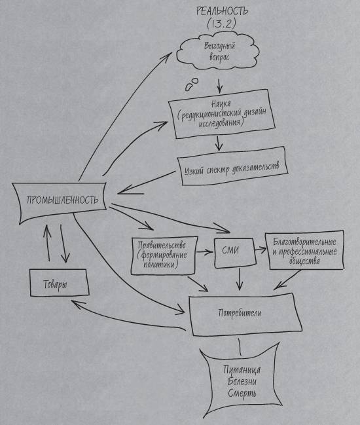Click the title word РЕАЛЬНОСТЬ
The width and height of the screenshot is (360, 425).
click(222, 11)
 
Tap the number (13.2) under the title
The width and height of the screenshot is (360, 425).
click(221, 24)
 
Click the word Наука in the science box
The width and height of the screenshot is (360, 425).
click(221, 104)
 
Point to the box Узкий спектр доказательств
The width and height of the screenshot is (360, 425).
click(232, 166)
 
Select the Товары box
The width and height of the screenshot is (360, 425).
click(59, 282)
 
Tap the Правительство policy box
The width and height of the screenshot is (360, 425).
click(164, 256)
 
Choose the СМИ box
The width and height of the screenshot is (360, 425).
click(234, 252)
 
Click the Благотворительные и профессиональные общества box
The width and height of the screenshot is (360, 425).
click(305, 250)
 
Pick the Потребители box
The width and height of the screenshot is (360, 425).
click(245, 314)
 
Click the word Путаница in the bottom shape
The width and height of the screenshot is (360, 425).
click(242, 370)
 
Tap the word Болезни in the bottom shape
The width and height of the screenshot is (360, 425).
click(242, 382)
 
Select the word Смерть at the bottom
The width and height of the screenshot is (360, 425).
click(242, 394)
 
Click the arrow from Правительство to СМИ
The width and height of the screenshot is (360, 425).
click(204, 252)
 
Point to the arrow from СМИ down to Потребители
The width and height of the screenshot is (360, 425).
click(239, 279)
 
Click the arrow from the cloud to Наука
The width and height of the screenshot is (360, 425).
click(219, 85)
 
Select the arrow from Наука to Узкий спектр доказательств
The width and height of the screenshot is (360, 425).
click(219, 143)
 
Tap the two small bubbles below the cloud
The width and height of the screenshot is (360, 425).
click(192, 84)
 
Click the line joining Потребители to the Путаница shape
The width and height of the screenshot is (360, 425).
click(240, 346)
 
